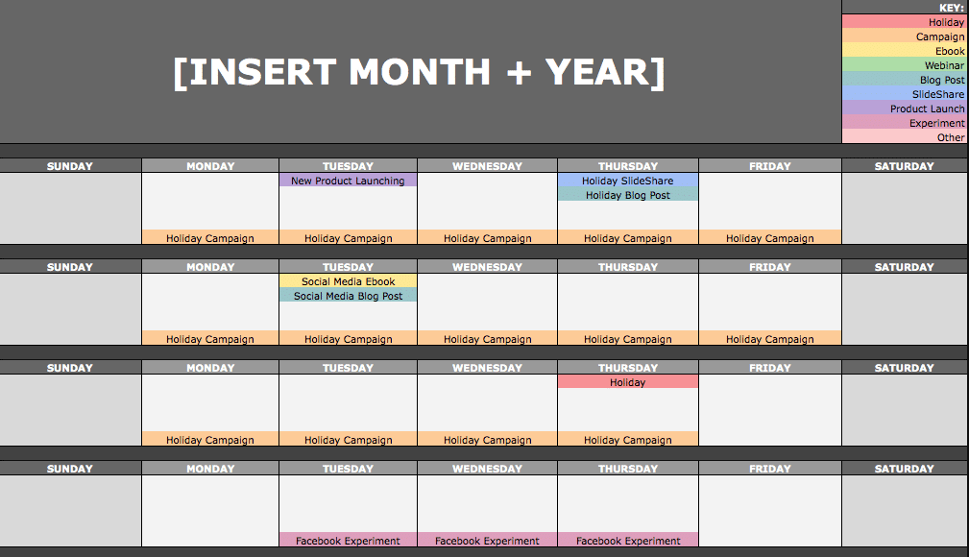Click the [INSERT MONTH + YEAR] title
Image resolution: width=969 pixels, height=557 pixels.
[419, 72]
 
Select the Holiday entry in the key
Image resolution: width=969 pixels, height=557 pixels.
[904, 22]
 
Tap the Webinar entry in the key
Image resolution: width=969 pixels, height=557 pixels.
[904, 65]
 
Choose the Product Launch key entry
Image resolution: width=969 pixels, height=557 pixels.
[904, 109]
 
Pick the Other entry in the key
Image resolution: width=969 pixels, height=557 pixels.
[904, 137]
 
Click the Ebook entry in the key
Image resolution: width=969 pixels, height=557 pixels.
[904, 51]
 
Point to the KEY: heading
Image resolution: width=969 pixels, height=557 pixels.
[951, 8]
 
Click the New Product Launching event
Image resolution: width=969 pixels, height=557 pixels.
[348, 181]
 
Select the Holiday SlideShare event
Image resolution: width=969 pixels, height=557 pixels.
[628, 181]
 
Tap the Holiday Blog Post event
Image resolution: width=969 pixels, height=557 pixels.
[628, 195]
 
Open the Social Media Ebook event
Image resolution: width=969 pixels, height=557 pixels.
[348, 281]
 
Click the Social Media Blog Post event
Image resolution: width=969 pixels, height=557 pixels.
[348, 296]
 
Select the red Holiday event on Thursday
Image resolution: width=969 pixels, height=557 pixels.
[628, 382]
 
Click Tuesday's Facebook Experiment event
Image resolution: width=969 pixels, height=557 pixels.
[348, 540]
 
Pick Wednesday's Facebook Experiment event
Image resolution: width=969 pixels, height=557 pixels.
[487, 540]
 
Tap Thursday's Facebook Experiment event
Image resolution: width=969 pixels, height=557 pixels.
[628, 540]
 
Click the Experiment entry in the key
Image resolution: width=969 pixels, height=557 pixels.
[904, 123]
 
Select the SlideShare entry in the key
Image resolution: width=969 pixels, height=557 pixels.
[904, 94]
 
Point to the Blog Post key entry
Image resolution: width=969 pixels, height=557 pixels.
[904, 80]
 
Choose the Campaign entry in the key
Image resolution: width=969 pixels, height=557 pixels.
[904, 36]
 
